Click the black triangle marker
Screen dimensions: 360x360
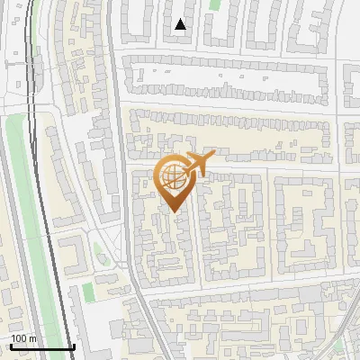180,24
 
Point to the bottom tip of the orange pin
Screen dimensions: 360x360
173,212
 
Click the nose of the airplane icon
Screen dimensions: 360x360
213,156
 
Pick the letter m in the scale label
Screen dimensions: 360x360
32,339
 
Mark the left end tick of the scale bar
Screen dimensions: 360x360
10,346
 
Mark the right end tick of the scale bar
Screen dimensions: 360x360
73,346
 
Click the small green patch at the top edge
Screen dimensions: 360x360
215,4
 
